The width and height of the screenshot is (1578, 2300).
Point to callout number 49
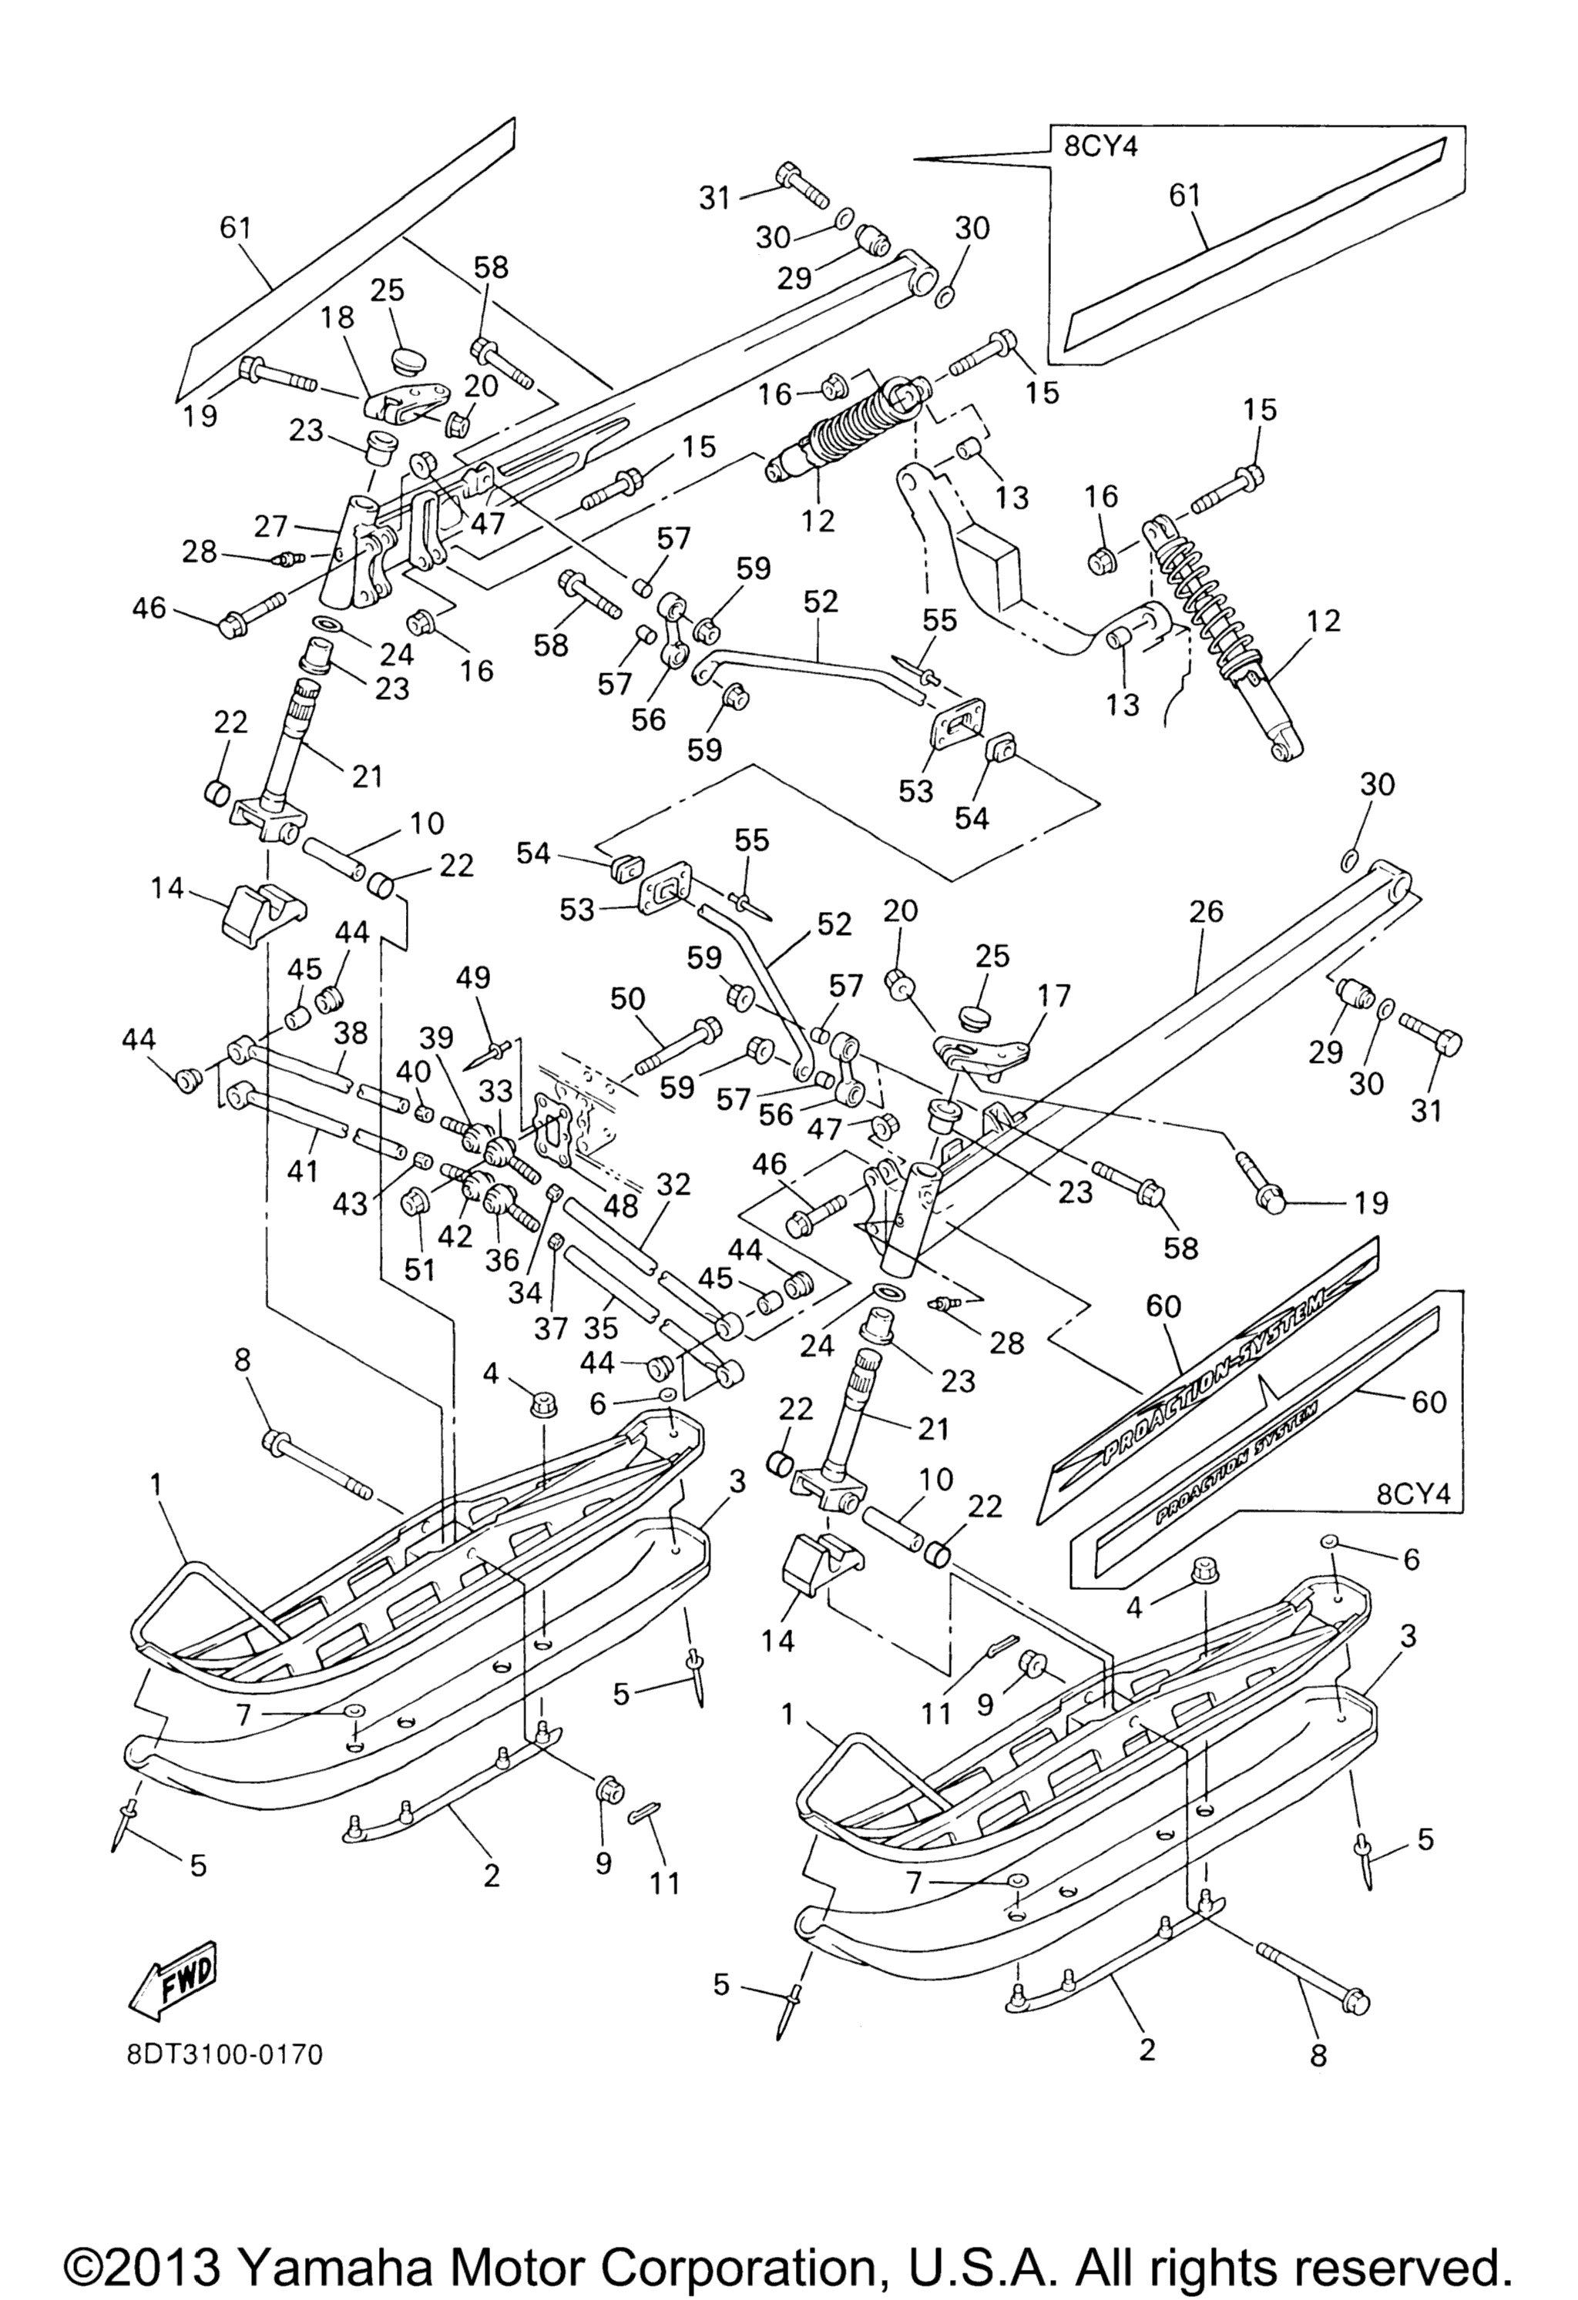point(473,977)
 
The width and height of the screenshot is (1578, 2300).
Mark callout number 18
point(337,317)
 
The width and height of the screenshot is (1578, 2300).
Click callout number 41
point(302,1171)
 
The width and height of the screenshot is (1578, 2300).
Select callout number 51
point(421,1269)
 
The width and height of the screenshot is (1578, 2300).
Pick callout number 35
point(601,1327)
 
